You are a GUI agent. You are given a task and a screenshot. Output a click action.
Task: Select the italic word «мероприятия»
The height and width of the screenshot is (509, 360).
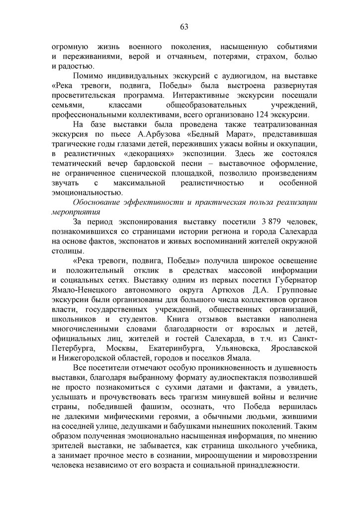click(x=73, y=212)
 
